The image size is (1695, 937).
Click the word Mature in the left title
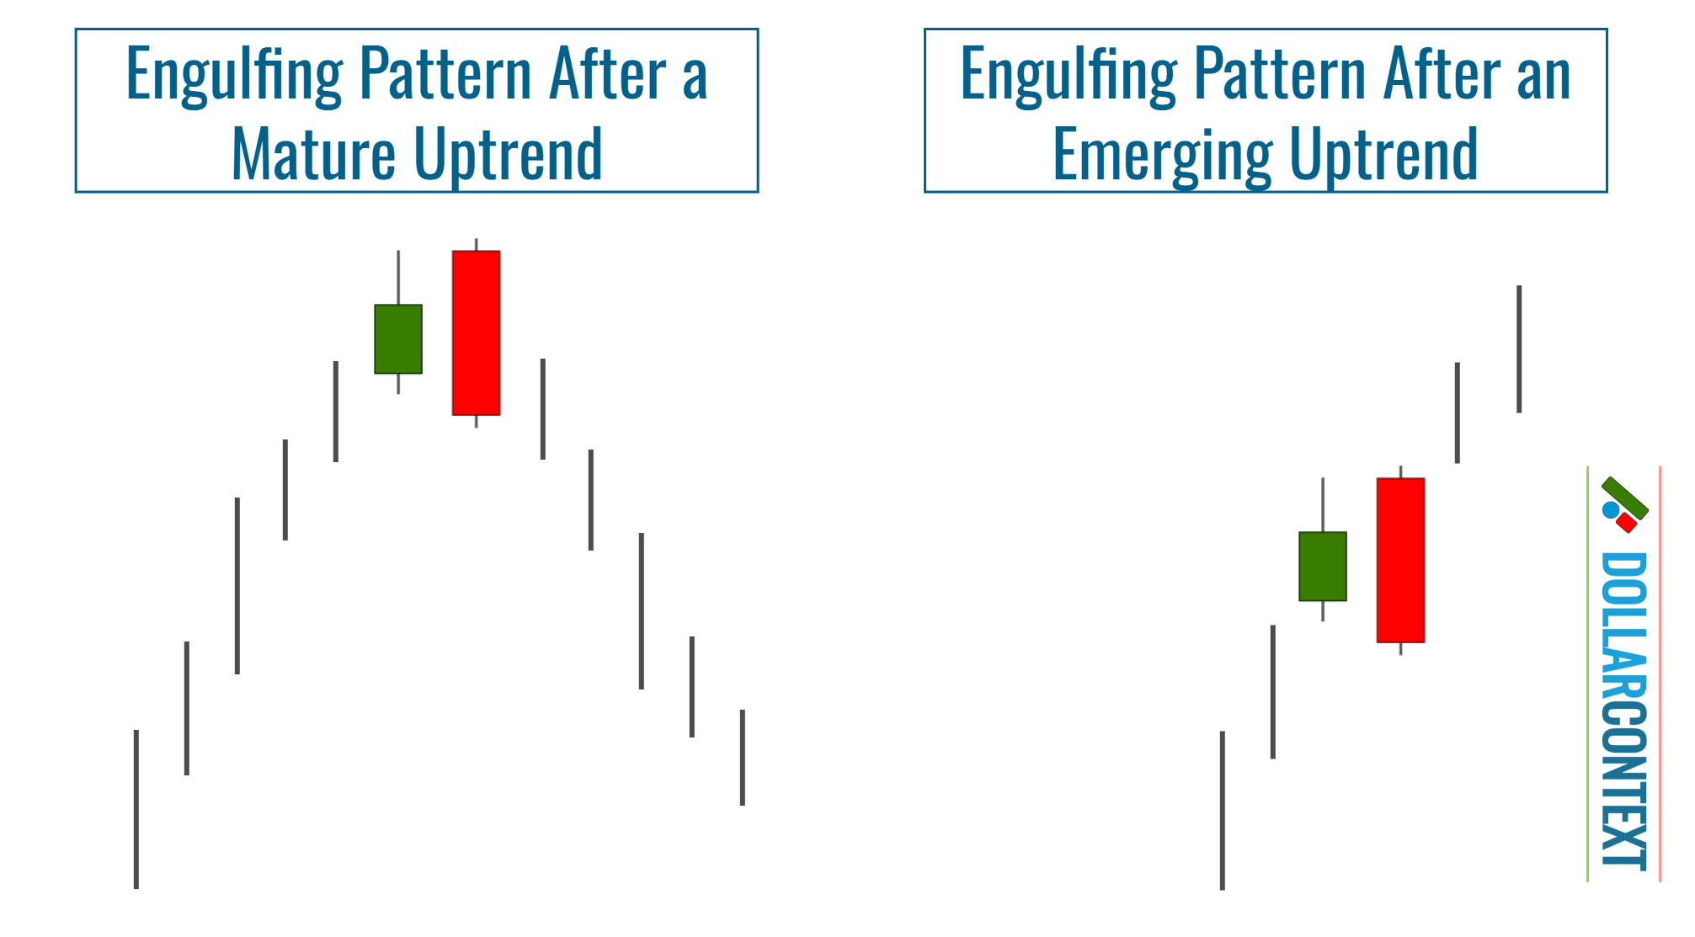pos(312,154)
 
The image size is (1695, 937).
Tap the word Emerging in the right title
pos(1162,154)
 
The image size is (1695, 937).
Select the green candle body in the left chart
pos(398,338)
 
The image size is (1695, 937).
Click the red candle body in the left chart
pos(476,333)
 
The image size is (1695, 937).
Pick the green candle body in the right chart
pos(1323,566)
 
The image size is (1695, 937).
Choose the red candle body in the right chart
pos(1400,560)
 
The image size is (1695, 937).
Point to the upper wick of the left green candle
pos(398,277)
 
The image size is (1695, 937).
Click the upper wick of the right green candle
pos(1323,504)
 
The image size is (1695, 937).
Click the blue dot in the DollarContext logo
pos(1611,509)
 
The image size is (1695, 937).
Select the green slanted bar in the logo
pos(1625,497)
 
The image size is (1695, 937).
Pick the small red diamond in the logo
pos(1627,523)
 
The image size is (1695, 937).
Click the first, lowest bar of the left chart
pos(136,808)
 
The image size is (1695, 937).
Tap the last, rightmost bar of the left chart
pos(743,757)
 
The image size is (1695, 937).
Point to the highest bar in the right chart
pos(1519,349)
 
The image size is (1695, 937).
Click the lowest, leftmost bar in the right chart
pos(1223,810)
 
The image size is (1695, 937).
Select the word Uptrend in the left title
pos(509,154)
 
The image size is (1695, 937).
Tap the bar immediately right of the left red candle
pos(543,408)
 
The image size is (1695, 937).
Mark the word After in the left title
pos(607,75)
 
